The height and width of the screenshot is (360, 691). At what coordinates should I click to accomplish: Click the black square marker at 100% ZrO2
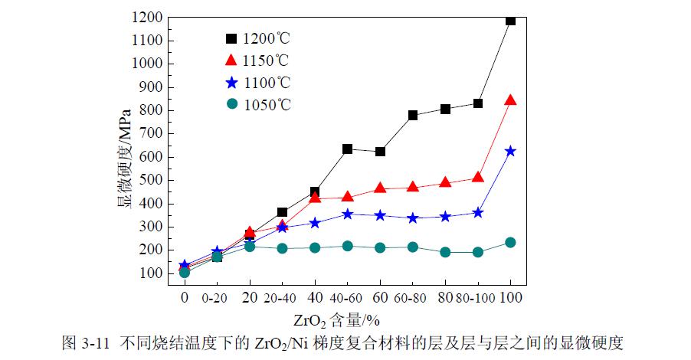(510, 20)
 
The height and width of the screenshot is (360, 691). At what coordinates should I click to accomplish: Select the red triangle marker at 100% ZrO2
(510, 100)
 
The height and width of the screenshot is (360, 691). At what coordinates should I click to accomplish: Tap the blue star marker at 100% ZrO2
(510, 151)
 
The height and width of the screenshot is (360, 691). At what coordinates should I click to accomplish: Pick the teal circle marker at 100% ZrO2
(510, 242)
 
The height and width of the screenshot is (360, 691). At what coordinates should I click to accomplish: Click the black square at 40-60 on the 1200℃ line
(347, 149)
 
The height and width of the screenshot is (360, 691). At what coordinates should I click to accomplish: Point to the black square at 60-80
(413, 115)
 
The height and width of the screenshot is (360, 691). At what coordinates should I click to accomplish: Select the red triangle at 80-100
(478, 177)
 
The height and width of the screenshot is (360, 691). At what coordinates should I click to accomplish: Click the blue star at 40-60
(347, 214)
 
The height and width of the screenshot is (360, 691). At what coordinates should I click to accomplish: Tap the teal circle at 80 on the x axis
(445, 251)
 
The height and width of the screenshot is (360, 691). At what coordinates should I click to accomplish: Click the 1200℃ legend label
(267, 38)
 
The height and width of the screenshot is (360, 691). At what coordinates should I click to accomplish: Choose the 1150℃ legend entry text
(267, 60)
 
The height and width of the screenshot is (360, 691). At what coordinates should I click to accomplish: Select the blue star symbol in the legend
(231, 82)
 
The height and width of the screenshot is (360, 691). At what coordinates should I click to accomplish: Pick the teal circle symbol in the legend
(231, 104)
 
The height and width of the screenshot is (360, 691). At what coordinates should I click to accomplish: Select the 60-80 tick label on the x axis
(413, 296)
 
